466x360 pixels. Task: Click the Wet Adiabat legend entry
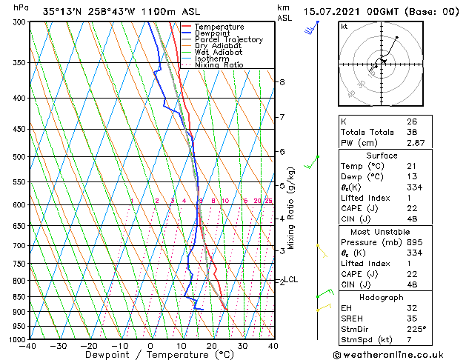coord(220,52)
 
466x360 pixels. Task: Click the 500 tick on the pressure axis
coord(19,157)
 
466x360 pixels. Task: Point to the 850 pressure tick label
coord(19,296)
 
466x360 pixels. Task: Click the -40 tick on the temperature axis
coord(29,346)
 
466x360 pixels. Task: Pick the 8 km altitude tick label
coord(282,82)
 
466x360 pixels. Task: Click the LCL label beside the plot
coord(291,279)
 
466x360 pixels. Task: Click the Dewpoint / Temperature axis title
coord(150,355)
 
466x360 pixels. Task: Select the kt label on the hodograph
coord(344,27)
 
